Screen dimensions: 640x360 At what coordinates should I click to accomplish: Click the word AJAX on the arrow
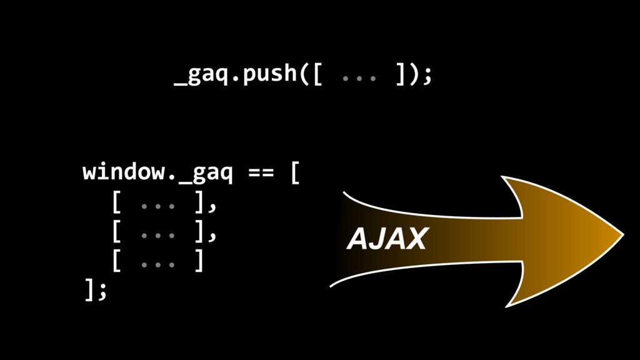tap(387, 239)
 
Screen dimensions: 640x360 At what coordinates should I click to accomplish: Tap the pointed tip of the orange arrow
tap(623, 235)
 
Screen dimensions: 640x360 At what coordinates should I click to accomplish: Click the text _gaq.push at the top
tap(236, 74)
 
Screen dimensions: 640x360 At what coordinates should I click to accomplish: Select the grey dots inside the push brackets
tap(359, 78)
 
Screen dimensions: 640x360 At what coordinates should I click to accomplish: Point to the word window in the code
tap(124, 171)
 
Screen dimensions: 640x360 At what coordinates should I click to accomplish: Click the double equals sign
tap(261, 172)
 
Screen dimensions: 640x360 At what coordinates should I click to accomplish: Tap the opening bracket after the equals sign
tap(295, 172)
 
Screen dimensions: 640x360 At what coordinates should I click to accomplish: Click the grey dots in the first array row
tap(158, 206)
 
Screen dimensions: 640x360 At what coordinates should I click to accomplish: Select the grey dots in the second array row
tap(158, 236)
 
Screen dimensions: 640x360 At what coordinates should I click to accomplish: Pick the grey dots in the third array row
tap(158, 265)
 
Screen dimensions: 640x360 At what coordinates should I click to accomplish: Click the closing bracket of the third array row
tap(199, 261)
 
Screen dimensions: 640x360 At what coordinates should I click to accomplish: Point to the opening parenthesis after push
tap(304, 74)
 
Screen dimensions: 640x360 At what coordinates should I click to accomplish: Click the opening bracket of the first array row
tap(116, 202)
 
